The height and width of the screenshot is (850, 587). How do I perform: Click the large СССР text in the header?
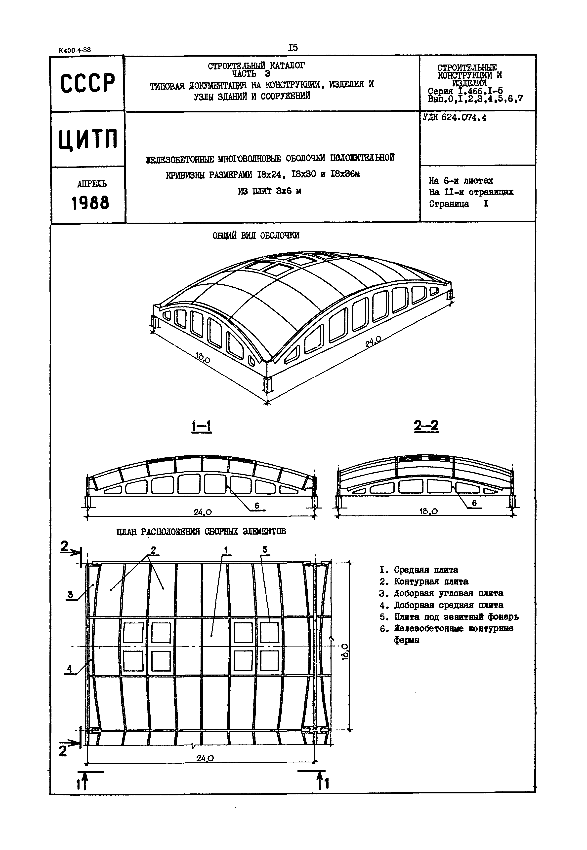pos(87,83)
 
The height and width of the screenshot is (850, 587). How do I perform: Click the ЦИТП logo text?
pos(88,139)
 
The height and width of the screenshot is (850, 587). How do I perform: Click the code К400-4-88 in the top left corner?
pos(74,50)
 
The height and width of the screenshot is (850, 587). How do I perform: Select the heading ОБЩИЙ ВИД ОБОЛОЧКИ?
pos(256,236)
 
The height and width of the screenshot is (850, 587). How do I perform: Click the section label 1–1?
pos(202,426)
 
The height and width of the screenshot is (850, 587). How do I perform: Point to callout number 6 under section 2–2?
pos(474,503)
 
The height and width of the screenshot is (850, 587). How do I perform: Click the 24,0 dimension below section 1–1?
pos(203,512)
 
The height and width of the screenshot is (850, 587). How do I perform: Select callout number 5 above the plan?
pos(265,550)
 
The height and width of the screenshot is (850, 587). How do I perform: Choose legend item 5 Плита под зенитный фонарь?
pos(449,617)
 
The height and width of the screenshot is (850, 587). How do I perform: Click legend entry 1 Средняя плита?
pos(419,570)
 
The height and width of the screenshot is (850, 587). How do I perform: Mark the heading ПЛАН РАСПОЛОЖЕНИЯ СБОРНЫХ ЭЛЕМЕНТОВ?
pos(201,532)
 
